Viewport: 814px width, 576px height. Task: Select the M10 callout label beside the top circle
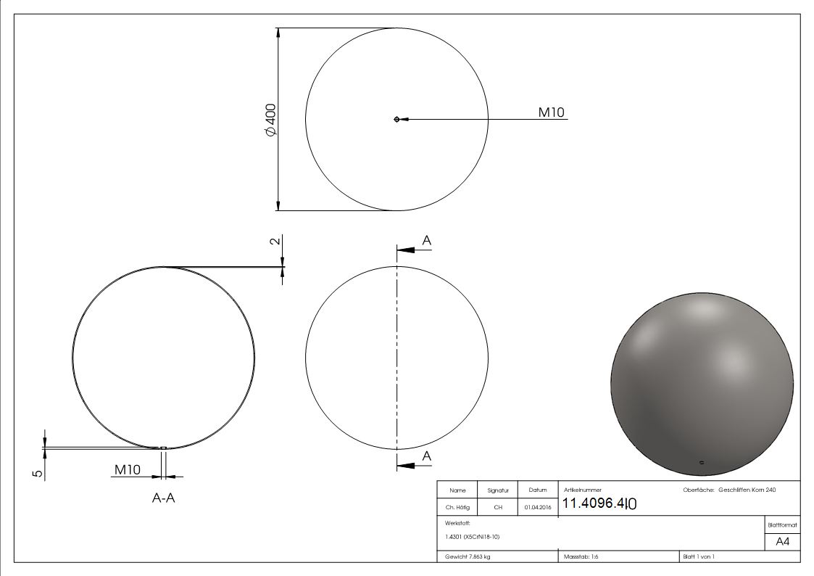[x=551, y=112]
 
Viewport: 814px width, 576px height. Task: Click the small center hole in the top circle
[x=396, y=119]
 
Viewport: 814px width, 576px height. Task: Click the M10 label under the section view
[x=127, y=470]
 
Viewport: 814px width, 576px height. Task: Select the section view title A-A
[x=163, y=498]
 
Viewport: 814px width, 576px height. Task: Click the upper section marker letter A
[x=427, y=240]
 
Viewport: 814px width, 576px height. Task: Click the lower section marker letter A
[x=427, y=456]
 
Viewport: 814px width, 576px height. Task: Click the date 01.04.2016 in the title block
[x=537, y=508]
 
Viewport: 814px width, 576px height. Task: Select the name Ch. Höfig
[x=457, y=508]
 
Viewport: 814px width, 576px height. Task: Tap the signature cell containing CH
[x=498, y=508]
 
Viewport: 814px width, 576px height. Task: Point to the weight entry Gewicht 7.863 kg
[x=468, y=557]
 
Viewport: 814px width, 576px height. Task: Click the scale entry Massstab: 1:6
[x=581, y=557]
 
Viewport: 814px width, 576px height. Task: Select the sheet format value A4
[x=783, y=542]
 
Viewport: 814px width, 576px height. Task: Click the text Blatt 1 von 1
[x=699, y=557]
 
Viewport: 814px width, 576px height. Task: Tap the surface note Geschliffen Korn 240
[x=747, y=490]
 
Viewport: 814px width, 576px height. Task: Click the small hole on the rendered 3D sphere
[x=701, y=461]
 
